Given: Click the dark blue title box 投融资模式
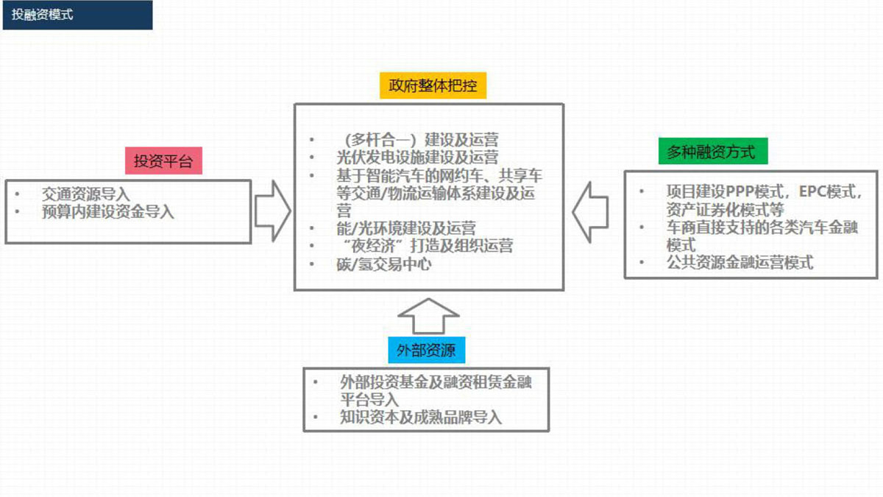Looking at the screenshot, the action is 78,15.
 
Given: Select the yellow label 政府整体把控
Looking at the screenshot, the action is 433,85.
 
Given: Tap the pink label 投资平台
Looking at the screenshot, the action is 163,161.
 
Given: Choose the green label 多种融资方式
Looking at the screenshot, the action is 713,151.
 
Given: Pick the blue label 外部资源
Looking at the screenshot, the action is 427,350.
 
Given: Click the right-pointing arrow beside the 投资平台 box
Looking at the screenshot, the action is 273,211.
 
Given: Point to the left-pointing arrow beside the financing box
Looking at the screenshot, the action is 590,212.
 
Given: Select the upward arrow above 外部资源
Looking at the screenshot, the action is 428,317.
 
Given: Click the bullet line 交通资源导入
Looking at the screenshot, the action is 86,194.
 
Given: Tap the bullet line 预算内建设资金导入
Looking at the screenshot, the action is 108,212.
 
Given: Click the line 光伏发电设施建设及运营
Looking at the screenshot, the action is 417,158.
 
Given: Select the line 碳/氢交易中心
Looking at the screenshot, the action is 384,264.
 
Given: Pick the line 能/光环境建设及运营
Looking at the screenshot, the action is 406,228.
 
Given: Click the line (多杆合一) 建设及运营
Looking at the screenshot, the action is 422,140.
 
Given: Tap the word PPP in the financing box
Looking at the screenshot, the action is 740,191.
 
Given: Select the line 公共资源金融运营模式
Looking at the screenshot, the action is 740,263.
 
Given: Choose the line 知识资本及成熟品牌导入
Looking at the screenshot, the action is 421,417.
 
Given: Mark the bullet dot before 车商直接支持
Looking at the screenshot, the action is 642,228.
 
